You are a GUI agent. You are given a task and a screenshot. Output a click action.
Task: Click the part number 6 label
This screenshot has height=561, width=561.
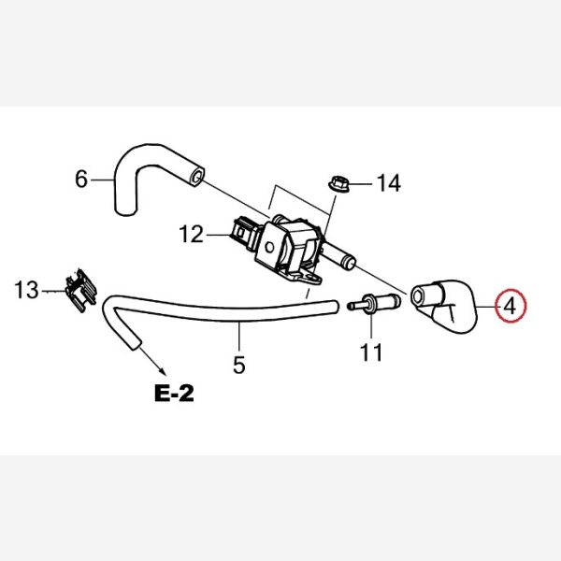point(81,179)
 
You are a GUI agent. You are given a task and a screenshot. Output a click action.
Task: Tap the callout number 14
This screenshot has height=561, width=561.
point(389,183)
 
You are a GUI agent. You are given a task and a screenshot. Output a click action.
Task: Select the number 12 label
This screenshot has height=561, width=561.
point(191,235)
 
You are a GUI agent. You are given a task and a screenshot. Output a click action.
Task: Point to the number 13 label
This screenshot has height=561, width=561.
point(26,290)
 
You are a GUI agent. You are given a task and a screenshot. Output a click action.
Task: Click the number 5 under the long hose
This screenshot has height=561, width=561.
point(239,365)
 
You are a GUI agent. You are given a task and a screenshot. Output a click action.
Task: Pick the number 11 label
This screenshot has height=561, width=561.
point(371,352)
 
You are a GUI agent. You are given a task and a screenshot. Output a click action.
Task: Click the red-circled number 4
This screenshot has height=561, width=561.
point(511,306)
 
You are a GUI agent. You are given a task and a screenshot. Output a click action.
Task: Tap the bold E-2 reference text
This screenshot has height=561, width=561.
point(174,393)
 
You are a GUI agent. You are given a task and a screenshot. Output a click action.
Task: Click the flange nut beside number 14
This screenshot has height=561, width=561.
point(338,183)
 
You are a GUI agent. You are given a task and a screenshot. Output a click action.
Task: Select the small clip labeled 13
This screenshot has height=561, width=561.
point(81,291)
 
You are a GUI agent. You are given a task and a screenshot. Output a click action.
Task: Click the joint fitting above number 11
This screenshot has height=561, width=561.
point(374,304)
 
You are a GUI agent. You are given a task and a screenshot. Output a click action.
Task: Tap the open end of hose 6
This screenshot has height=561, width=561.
point(196,177)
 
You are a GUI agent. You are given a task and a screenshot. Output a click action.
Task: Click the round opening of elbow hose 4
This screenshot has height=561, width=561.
point(417,295)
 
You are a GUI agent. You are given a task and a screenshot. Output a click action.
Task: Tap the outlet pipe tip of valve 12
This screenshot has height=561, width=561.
point(350,262)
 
